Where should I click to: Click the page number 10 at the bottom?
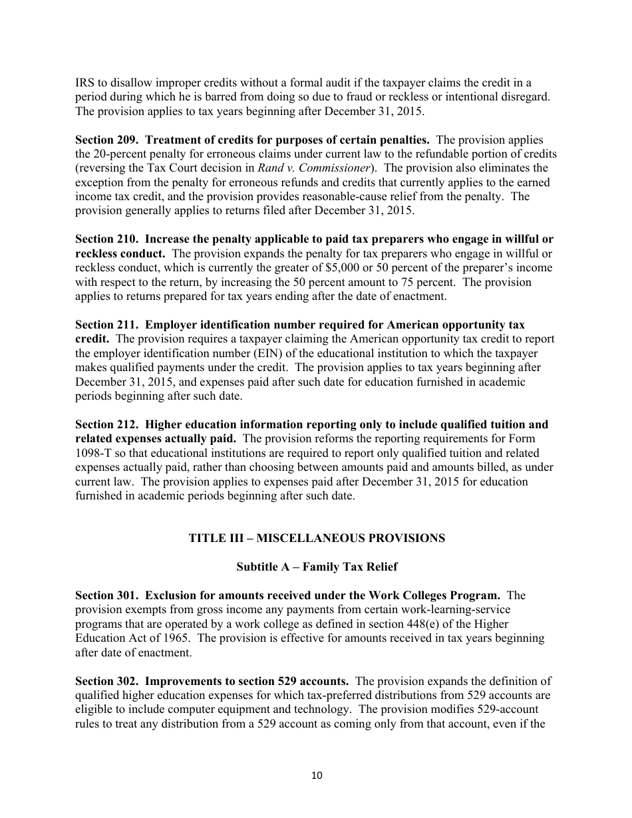coord(316,775)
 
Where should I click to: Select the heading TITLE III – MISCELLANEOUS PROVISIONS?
coord(317,538)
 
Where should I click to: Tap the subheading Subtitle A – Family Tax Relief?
coord(317,567)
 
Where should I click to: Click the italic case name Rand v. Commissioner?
coord(313,168)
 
